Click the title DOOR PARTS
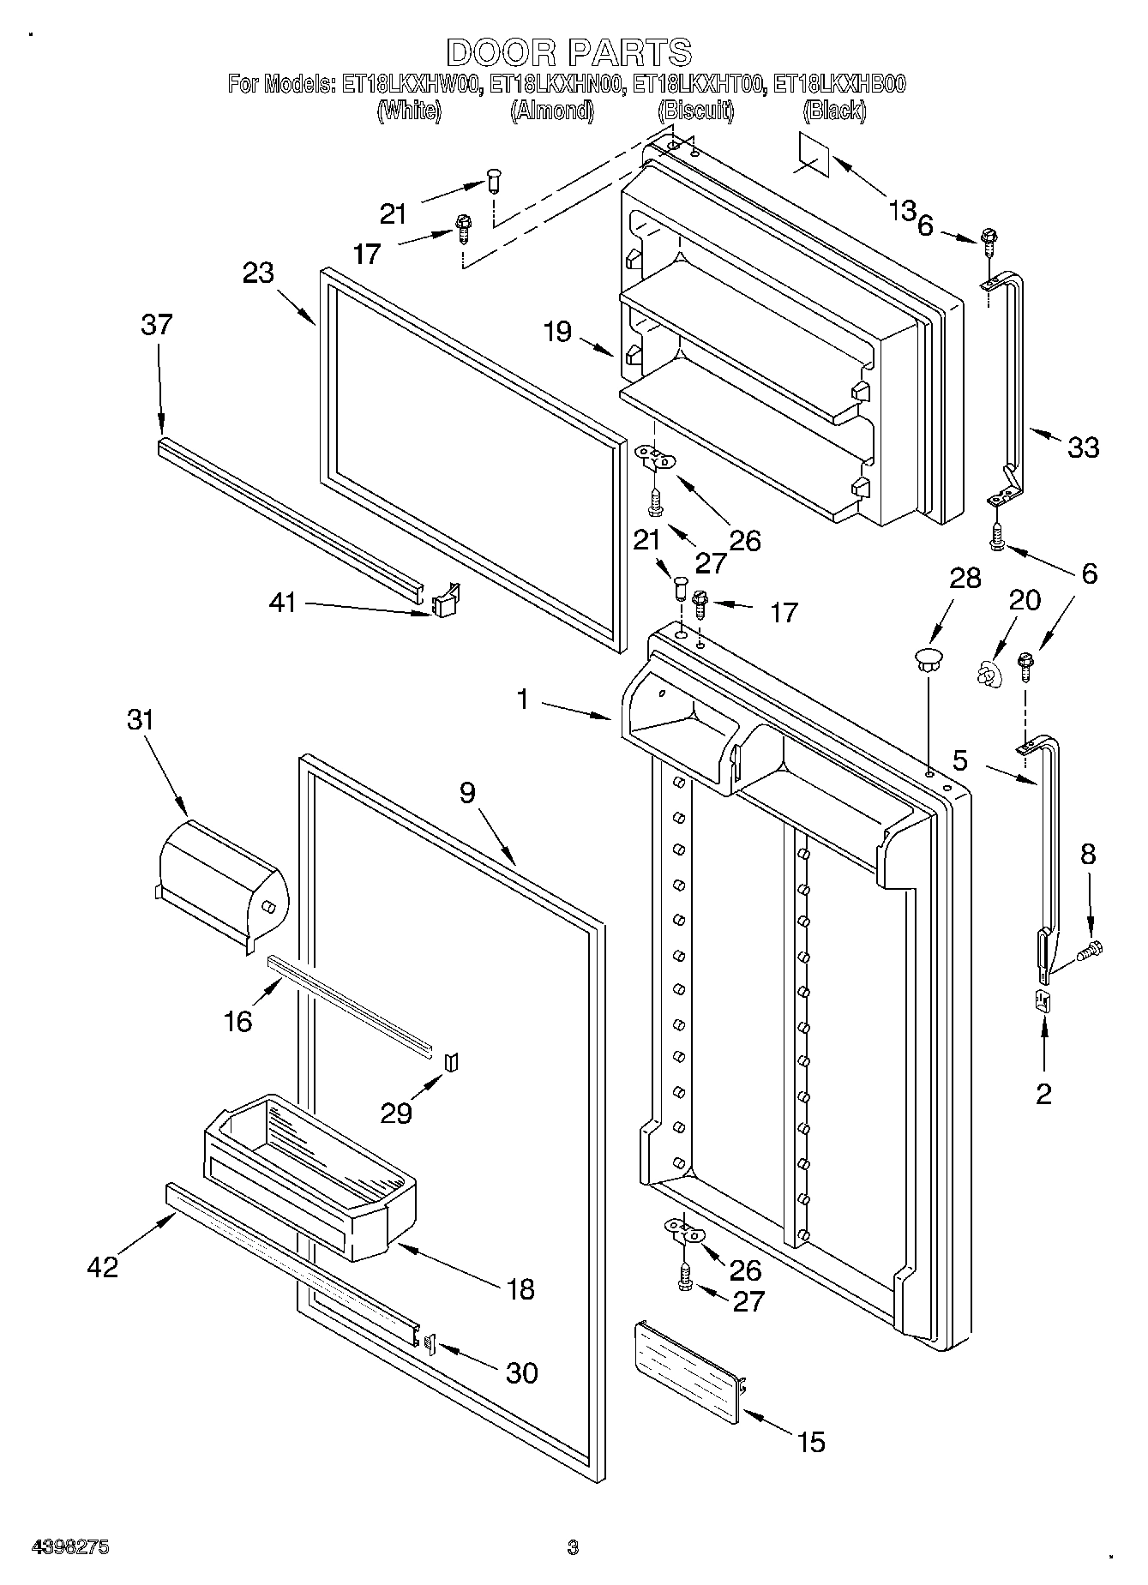(x=568, y=52)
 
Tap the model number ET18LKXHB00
(x=839, y=85)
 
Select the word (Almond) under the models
(x=551, y=111)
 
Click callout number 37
(x=157, y=325)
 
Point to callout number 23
(x=258, y=273)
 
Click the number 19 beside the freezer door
(x=557, y=331)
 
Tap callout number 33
(x=1083, y=447)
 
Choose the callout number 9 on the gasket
(x=466, y=793)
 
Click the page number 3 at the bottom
(x=573, y=1547)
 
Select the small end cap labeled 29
(x=452, y=1063)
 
